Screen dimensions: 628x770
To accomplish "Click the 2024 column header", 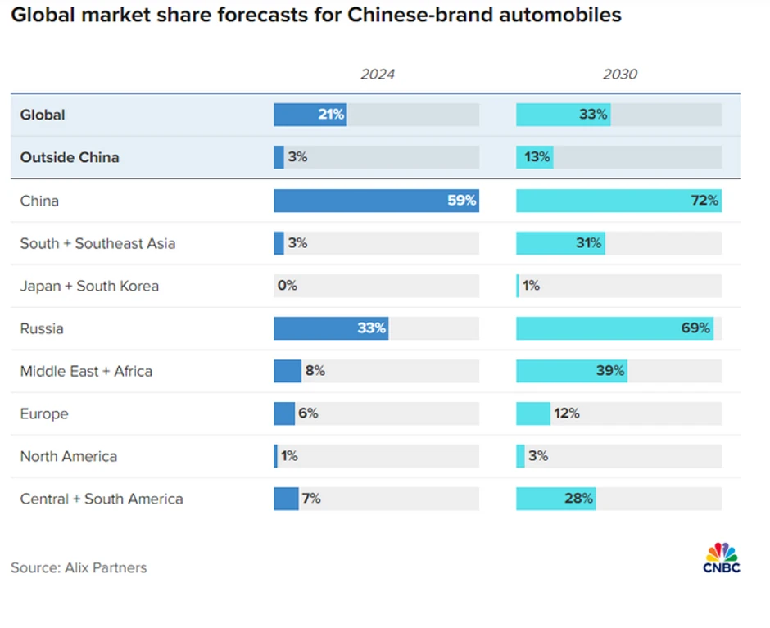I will point(377,75).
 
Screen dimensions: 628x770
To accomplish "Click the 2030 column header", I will point(619,75).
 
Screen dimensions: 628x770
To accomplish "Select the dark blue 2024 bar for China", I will point(376,201).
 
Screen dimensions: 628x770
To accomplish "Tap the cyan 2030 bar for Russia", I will point(614,328).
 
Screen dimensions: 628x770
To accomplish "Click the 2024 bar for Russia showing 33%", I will point(331,328).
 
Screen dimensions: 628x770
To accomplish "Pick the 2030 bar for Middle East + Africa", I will point(571,371).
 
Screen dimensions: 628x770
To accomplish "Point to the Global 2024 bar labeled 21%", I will point(310,115).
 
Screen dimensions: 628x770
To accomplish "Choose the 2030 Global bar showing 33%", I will point(563,115).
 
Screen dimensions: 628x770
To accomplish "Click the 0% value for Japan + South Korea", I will point(287,286).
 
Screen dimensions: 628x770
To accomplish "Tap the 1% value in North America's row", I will point(289,456).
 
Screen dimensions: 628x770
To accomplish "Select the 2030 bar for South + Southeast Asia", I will point(560,243).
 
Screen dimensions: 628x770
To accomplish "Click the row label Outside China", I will point(70,157).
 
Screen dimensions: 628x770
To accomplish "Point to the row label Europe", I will point(44,413).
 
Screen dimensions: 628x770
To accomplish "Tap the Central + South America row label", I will point(102,499).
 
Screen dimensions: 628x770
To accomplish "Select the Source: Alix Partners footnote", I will point(79,567).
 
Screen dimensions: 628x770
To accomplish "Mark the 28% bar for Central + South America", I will point(555,499).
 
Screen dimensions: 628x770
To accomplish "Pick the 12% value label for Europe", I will point(566,413).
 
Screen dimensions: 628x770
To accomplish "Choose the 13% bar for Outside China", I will point(534,157).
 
